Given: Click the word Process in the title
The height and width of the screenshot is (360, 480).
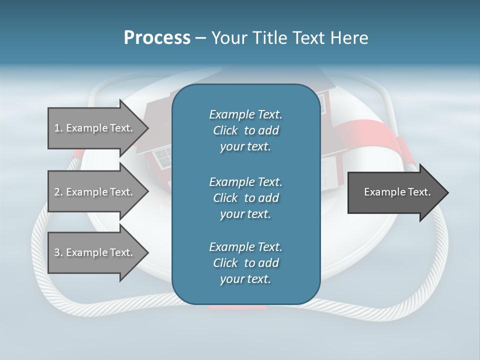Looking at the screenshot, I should (157, 37).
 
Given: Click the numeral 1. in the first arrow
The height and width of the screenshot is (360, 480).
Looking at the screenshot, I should (58, 128).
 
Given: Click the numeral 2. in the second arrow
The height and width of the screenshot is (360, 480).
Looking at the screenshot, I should (58, 192).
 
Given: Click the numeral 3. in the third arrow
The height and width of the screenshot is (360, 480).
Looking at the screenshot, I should (58, 252).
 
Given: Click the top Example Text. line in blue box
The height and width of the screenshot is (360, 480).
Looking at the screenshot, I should (245, 114).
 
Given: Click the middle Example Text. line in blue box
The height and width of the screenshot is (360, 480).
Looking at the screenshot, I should (245, 182).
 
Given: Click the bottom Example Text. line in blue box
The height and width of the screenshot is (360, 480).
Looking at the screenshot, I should (245, 247).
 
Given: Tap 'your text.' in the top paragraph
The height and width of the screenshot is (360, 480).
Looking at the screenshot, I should (245, 147).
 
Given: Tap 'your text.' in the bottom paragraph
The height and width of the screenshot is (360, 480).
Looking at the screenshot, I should (245, 279).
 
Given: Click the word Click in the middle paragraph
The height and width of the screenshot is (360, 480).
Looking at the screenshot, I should (225, 198).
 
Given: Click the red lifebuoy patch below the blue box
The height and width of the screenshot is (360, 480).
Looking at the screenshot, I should (237, 307).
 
